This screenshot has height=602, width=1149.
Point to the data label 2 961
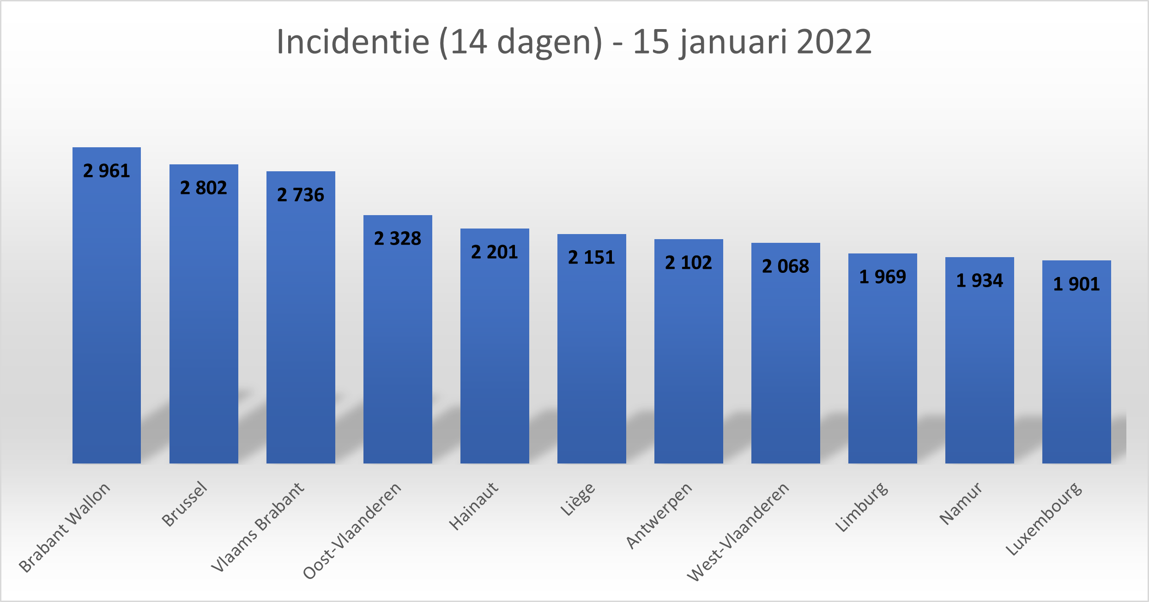click(107, 171)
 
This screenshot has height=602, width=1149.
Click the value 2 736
click(301, 195)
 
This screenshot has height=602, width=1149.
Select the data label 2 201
click(495, 252)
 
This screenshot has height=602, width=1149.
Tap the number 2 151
click(592, 258)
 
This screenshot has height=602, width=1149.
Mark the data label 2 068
click(786, 266)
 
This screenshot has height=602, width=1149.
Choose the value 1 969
click(883, 277)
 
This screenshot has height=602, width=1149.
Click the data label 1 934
click(980, 281)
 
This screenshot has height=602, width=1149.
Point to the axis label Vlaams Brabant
click(258, 527)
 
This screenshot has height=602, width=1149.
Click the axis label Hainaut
click(474, 506)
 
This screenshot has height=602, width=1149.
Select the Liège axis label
click(577, 499)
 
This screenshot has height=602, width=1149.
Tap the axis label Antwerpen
click(659, 516)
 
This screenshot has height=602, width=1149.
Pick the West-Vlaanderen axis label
click(738, 532)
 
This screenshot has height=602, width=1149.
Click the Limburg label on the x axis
click(862, 507)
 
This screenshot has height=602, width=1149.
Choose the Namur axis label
click(961, 503)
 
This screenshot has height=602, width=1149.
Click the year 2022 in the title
click(834, 42)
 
